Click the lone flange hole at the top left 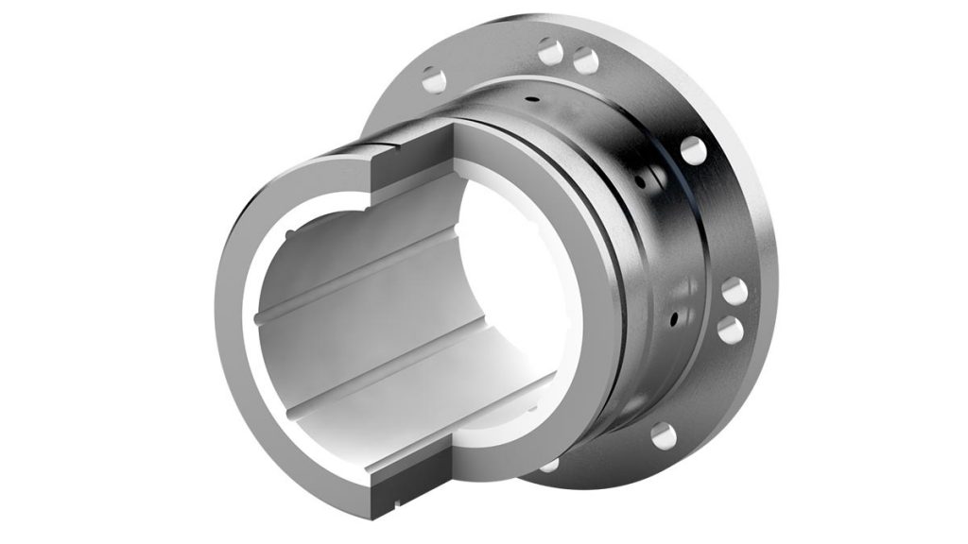coord(434,79)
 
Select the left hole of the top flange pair coord(551,51)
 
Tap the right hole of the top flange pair coord(586,61)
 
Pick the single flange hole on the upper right coord(692,150)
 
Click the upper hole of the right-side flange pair coord(735,292)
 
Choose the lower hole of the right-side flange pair coord(730,330)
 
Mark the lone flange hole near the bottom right coord(664,435)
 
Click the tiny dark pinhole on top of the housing coord(533,98)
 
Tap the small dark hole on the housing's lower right coord(673,314)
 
